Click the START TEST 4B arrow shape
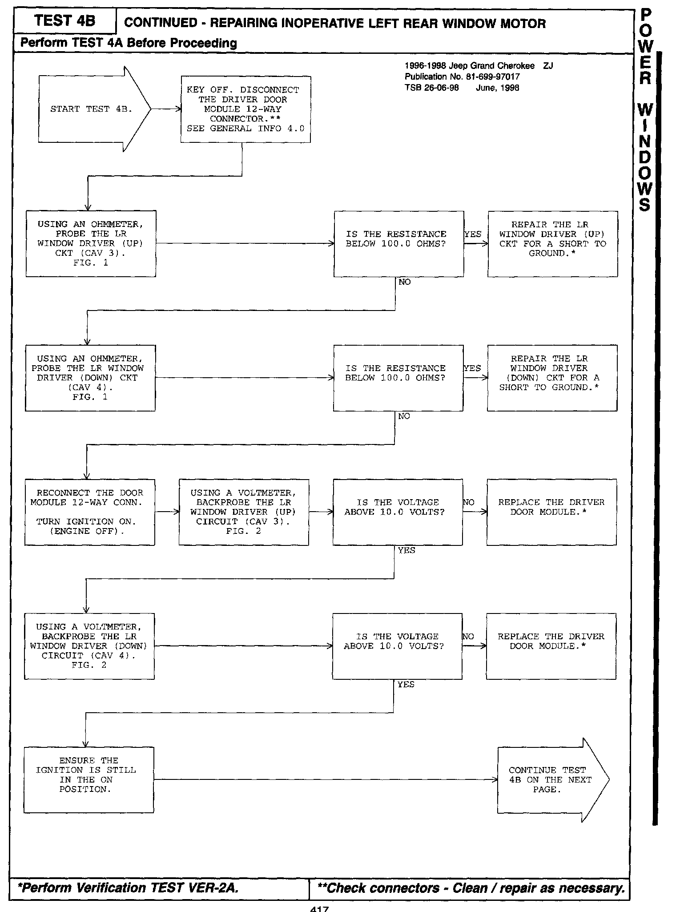pyautogui.click(x=91, y=109)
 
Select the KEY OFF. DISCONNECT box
pyautogui.click(x=245, y=109)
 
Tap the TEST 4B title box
pyautogui.click(x=64, y=21)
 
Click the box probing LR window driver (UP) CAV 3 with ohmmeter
pyautogui.click(x=91, y=244)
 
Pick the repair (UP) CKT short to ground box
pyautogui.click(x=552, y=244)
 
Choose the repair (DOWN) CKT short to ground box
pyautogui.click(x=552, y=378)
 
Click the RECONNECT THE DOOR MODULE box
pyautogui.click(x=90, y=512)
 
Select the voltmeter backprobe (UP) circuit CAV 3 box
pyautogui.click(x=244, y=512)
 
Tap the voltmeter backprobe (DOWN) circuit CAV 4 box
pyautogui.click(x=89, y=646)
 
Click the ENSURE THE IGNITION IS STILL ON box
pyautogui.click(x=89, y=780)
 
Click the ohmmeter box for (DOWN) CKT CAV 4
pyautogui.click(x=90, y=378)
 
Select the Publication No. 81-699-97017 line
pyautogui.click(x=462, y=77)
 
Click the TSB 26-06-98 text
pyautogui.click(x=431, y=88)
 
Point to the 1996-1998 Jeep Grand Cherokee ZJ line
pyautogui.click(x=478, y=66)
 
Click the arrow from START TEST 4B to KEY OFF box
pyautogui.click(x=166, y=109)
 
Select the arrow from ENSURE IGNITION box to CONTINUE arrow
pyautogui.click(x=326, y=780)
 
